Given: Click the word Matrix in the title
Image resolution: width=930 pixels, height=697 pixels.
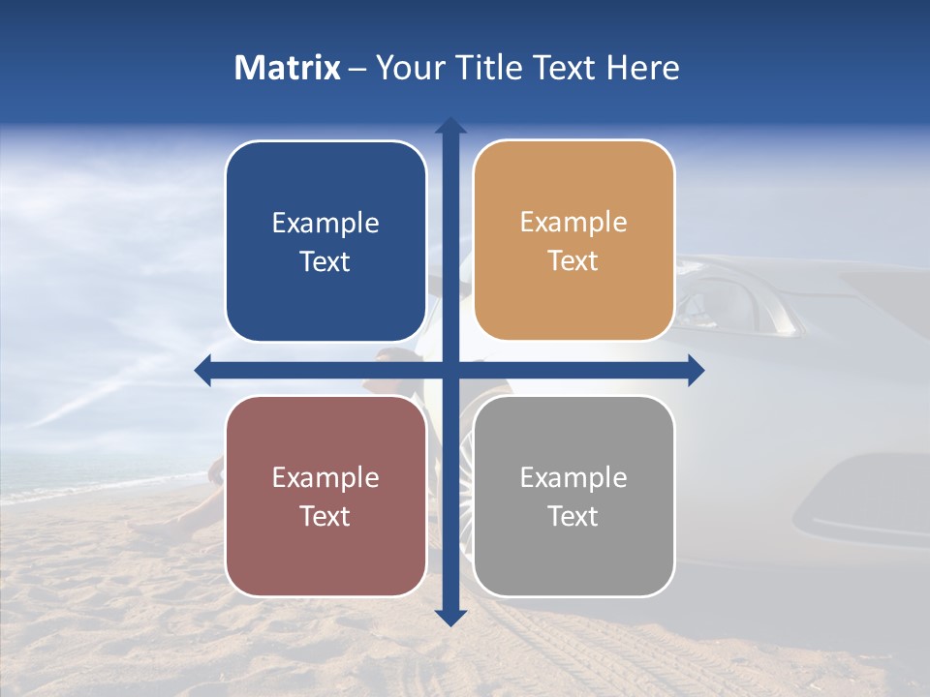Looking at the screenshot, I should (x=287, y=68).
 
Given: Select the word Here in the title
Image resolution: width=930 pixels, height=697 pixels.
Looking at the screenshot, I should (x=642, y=68).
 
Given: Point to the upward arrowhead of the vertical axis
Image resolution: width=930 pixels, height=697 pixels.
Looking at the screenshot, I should (x=450, y=125).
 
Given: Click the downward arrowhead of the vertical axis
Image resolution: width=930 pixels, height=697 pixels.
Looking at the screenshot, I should (x=450, y=617).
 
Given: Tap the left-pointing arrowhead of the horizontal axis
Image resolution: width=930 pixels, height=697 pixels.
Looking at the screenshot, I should (x=203, y=370).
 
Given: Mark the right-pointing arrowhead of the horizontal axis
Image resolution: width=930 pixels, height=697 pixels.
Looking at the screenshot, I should (x=695, y=370).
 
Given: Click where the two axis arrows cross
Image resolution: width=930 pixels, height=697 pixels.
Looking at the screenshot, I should (x=450, y=370).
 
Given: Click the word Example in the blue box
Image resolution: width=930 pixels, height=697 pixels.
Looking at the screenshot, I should (x=325, y=224).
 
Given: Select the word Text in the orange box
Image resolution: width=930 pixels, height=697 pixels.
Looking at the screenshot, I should (x=573, y=261).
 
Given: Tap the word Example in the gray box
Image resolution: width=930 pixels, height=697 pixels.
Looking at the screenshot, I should (x=573, y=477).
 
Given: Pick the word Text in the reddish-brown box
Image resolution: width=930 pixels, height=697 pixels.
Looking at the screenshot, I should (x=325, y=516).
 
